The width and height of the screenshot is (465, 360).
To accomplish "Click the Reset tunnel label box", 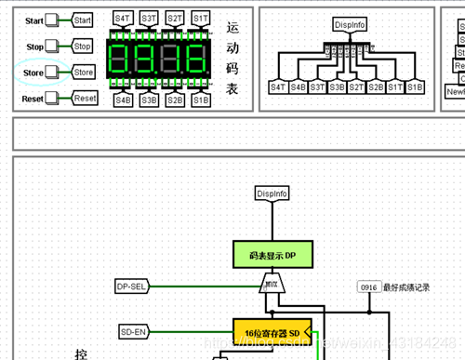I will coord(85,98).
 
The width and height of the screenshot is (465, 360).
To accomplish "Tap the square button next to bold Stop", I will coord(52,46).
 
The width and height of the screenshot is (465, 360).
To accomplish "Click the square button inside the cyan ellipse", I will coord(52,72).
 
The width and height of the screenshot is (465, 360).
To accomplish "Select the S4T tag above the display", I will coord(123,19).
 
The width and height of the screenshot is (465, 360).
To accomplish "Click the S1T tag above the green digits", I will coord(201,19).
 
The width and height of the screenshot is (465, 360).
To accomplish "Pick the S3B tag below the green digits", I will coord(149,99).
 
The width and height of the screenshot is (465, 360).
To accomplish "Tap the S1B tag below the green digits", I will coord(201,99).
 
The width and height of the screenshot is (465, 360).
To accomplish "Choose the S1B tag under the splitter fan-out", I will coord(415,87).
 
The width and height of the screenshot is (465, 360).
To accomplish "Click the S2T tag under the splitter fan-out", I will coord(356,87).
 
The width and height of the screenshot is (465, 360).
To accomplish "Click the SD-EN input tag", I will coord(133,330).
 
